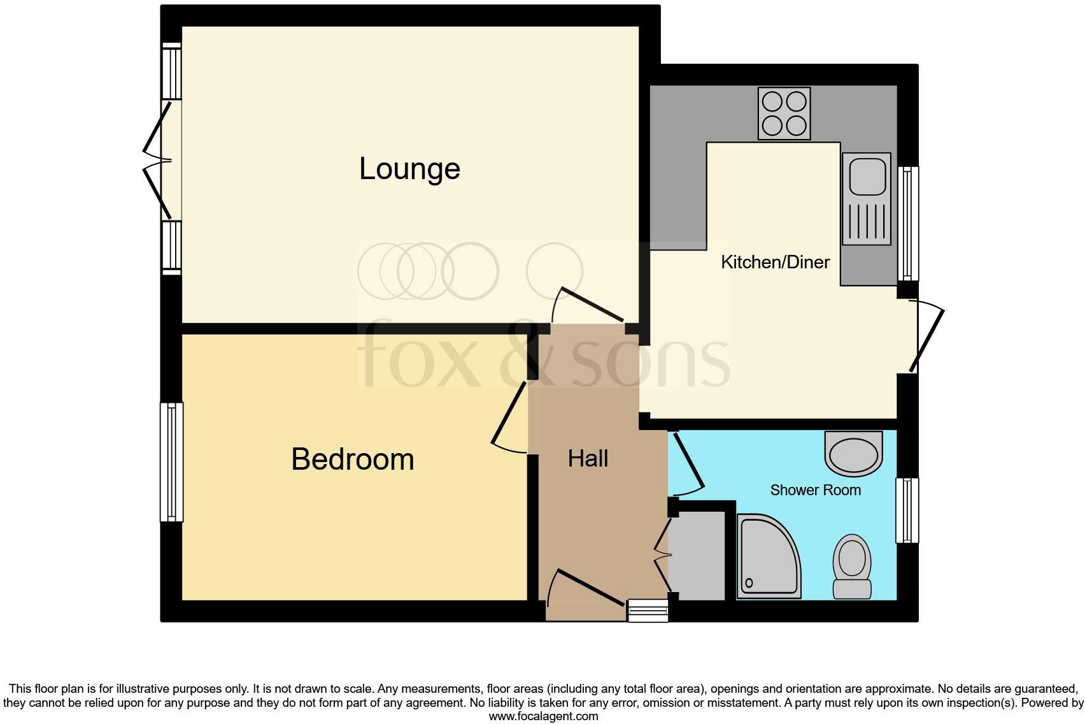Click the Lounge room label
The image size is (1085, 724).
tap(409, 169)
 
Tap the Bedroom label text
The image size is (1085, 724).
tap(352, 459)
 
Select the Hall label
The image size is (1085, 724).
tap(588, 459)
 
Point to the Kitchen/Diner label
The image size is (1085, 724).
tap(775, 262)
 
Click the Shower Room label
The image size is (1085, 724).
tap(815, 490)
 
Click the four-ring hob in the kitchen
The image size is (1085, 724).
tap(784, 113)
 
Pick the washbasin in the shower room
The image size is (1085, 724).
tap(853, 454)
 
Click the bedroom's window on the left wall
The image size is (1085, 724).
tap(171, 462)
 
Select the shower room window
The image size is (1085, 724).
tap(907, 510)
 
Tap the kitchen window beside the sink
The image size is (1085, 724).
tap(908, 223)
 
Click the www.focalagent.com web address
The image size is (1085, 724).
tap(543, 716)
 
